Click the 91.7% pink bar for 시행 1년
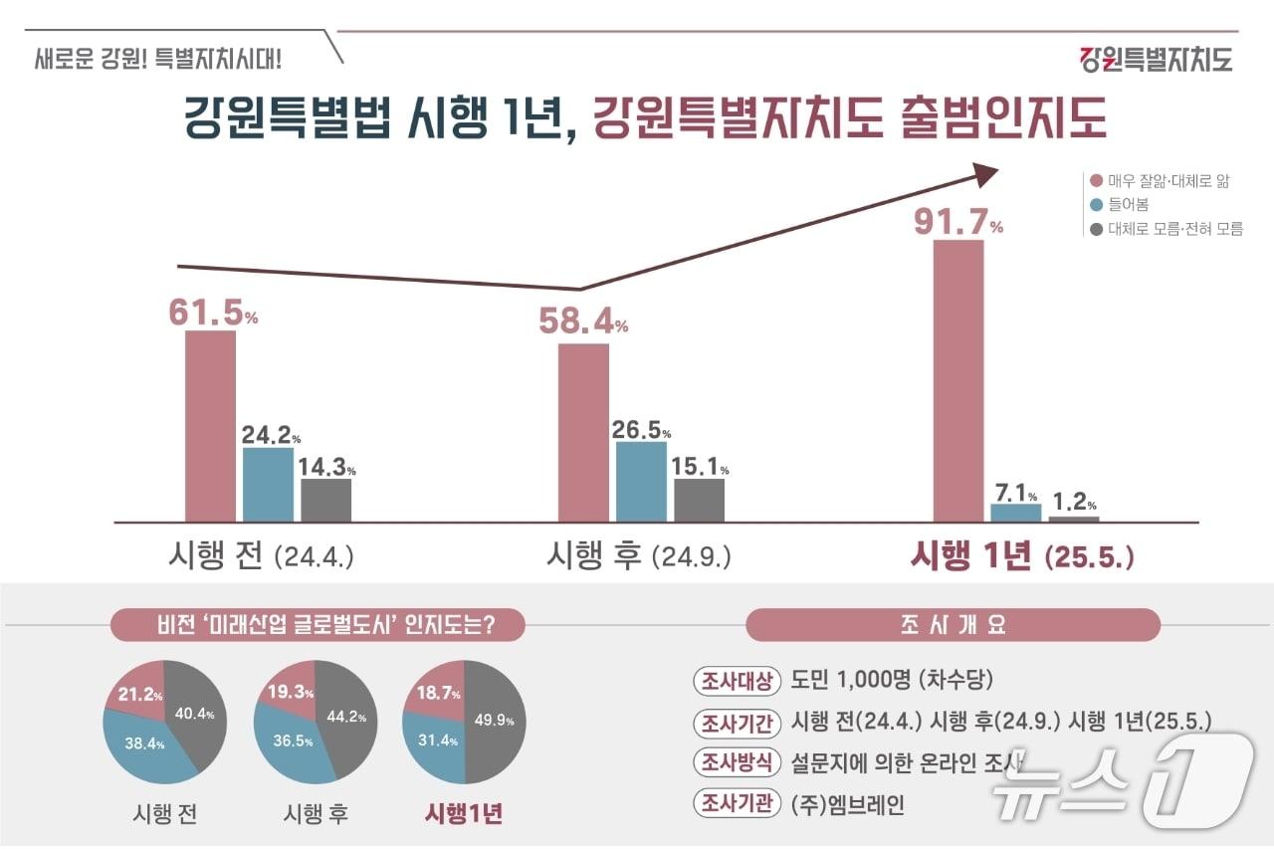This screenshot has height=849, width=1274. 958,380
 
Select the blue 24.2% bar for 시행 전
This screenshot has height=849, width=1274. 269,485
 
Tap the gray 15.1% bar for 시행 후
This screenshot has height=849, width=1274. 699,500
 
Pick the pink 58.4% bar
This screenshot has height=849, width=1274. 583,432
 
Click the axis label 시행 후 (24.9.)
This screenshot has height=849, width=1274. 638,555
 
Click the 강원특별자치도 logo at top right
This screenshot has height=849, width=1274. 1156,59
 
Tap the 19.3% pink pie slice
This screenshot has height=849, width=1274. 291,688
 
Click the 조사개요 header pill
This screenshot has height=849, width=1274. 953,625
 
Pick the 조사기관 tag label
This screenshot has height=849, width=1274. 736,804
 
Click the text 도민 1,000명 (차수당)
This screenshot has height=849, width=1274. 892,681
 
